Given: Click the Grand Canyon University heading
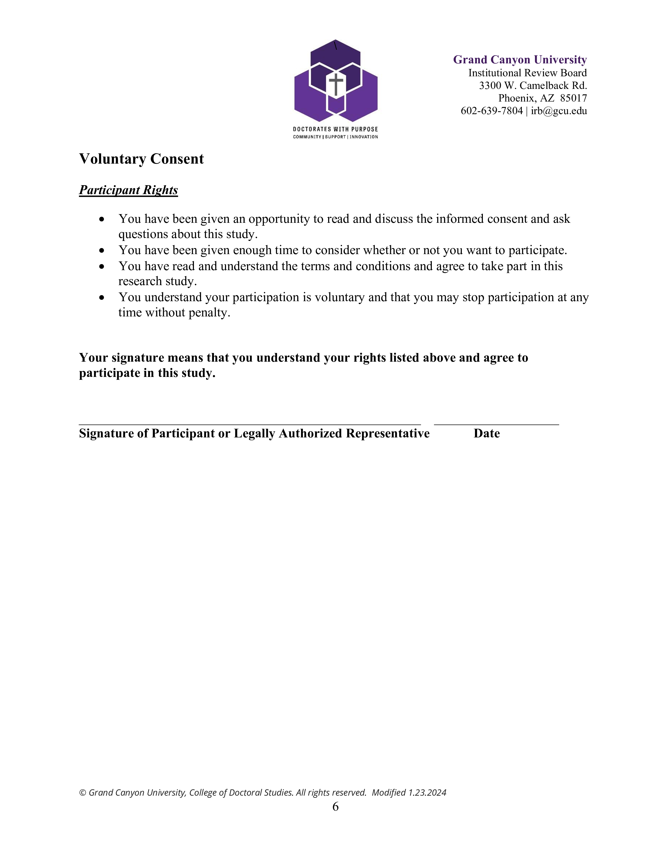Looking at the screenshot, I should point(519,60).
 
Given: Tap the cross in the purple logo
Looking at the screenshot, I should point(336,84).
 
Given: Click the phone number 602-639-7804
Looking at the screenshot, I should point(491,111).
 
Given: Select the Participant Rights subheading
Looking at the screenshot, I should point(128,190).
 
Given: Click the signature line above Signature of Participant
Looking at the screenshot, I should point(250,424).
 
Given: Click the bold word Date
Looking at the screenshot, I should point(487,433).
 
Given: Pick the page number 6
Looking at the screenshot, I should point(335,806).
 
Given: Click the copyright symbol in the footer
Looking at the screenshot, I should point(83,793).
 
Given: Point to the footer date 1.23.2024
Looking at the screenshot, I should point(427,793).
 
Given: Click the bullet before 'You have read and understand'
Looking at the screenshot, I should point(102,266).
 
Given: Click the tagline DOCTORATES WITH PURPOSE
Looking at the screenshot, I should point(335,129).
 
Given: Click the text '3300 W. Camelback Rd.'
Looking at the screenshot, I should point(533,85).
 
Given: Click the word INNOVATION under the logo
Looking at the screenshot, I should point(364,137).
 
